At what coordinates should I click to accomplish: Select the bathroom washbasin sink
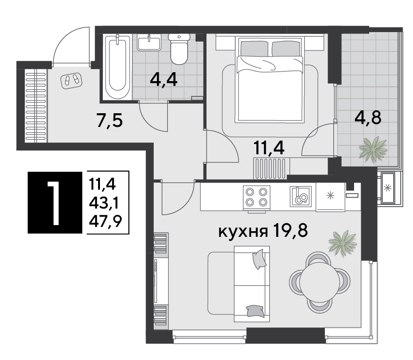click(150, 42)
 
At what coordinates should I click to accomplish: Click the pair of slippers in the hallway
click(71, 80)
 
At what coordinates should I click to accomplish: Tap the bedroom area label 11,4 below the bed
click(269, 149)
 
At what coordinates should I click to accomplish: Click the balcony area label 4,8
click(367, 116)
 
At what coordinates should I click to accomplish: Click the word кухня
click(242, 232)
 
